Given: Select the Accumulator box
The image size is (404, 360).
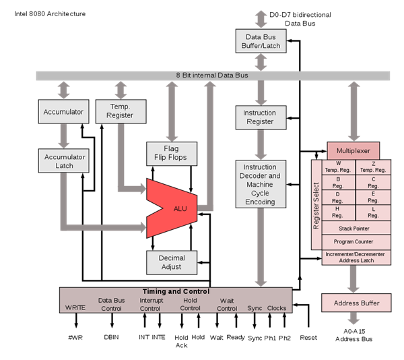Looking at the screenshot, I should click(63, 112).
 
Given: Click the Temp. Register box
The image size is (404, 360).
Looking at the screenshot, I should click(121, 111).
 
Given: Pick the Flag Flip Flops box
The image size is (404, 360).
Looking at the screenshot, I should click(172, 153).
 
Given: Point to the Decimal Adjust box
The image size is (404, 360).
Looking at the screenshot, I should click(172, 262).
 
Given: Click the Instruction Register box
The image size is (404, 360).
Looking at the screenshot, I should click(260, 117).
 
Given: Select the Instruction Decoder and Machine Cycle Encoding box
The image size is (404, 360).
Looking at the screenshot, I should click(260, 184).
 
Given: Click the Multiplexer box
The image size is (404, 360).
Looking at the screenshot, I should click(353, 150).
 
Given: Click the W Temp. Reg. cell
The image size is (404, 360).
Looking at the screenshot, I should click(338, 167).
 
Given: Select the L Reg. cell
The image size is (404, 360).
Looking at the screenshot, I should click(374, 212).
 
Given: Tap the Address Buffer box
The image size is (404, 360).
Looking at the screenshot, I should click(356, 303).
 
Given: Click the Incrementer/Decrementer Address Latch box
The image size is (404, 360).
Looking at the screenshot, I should click(356, 257).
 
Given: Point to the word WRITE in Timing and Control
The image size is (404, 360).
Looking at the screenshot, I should click(75, 308).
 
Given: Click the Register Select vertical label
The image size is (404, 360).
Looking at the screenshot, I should click(316, 206).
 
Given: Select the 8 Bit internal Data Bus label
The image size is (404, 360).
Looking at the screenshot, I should click(212, 76).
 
